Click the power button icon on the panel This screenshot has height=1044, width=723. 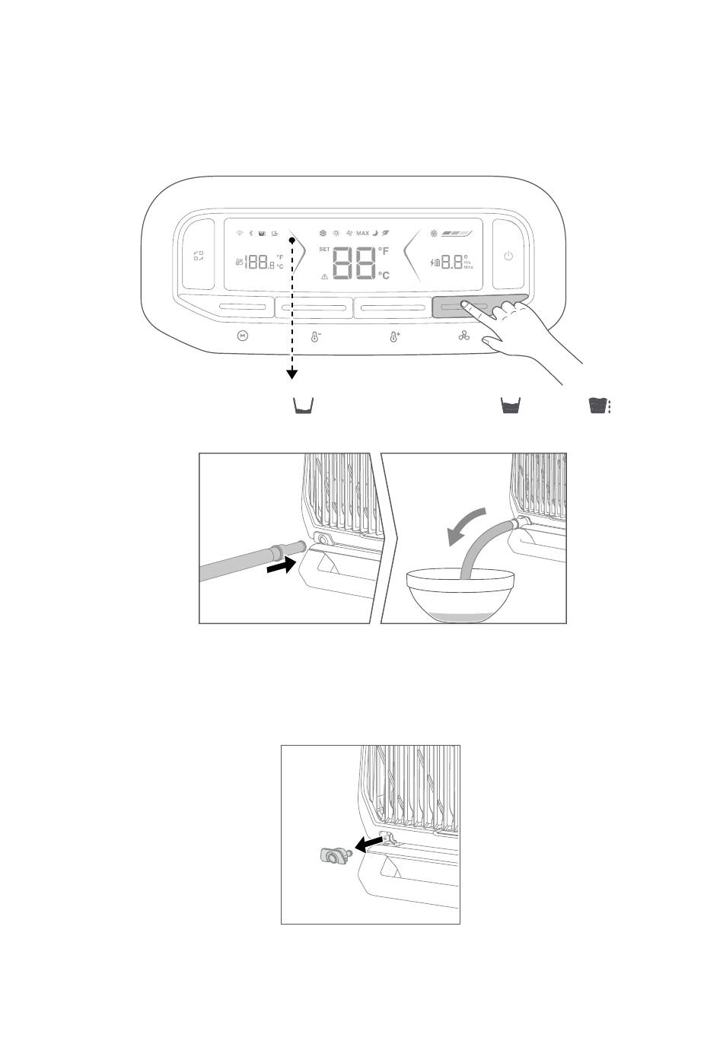[x=508, y=256]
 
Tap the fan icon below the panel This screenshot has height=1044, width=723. [x=465, y=336]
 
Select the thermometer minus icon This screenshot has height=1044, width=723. [x=316, y=336]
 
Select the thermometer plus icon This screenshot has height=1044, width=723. [x=394, y=336]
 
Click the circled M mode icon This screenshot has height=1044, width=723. [x=243, y=336]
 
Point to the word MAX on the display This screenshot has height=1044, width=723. [x=362, y=233]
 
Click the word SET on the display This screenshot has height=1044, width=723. [x=324, y=250]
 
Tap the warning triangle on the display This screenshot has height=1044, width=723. [x=325, y=277]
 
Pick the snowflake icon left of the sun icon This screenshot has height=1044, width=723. [x=323, y=233]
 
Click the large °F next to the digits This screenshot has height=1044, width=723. [x=384, y=252]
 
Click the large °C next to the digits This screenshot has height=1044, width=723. [x=384, y=275]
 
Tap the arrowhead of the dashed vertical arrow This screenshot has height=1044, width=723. [x=291, y=374]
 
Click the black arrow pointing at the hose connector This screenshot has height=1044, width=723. [x=280, y=567]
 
